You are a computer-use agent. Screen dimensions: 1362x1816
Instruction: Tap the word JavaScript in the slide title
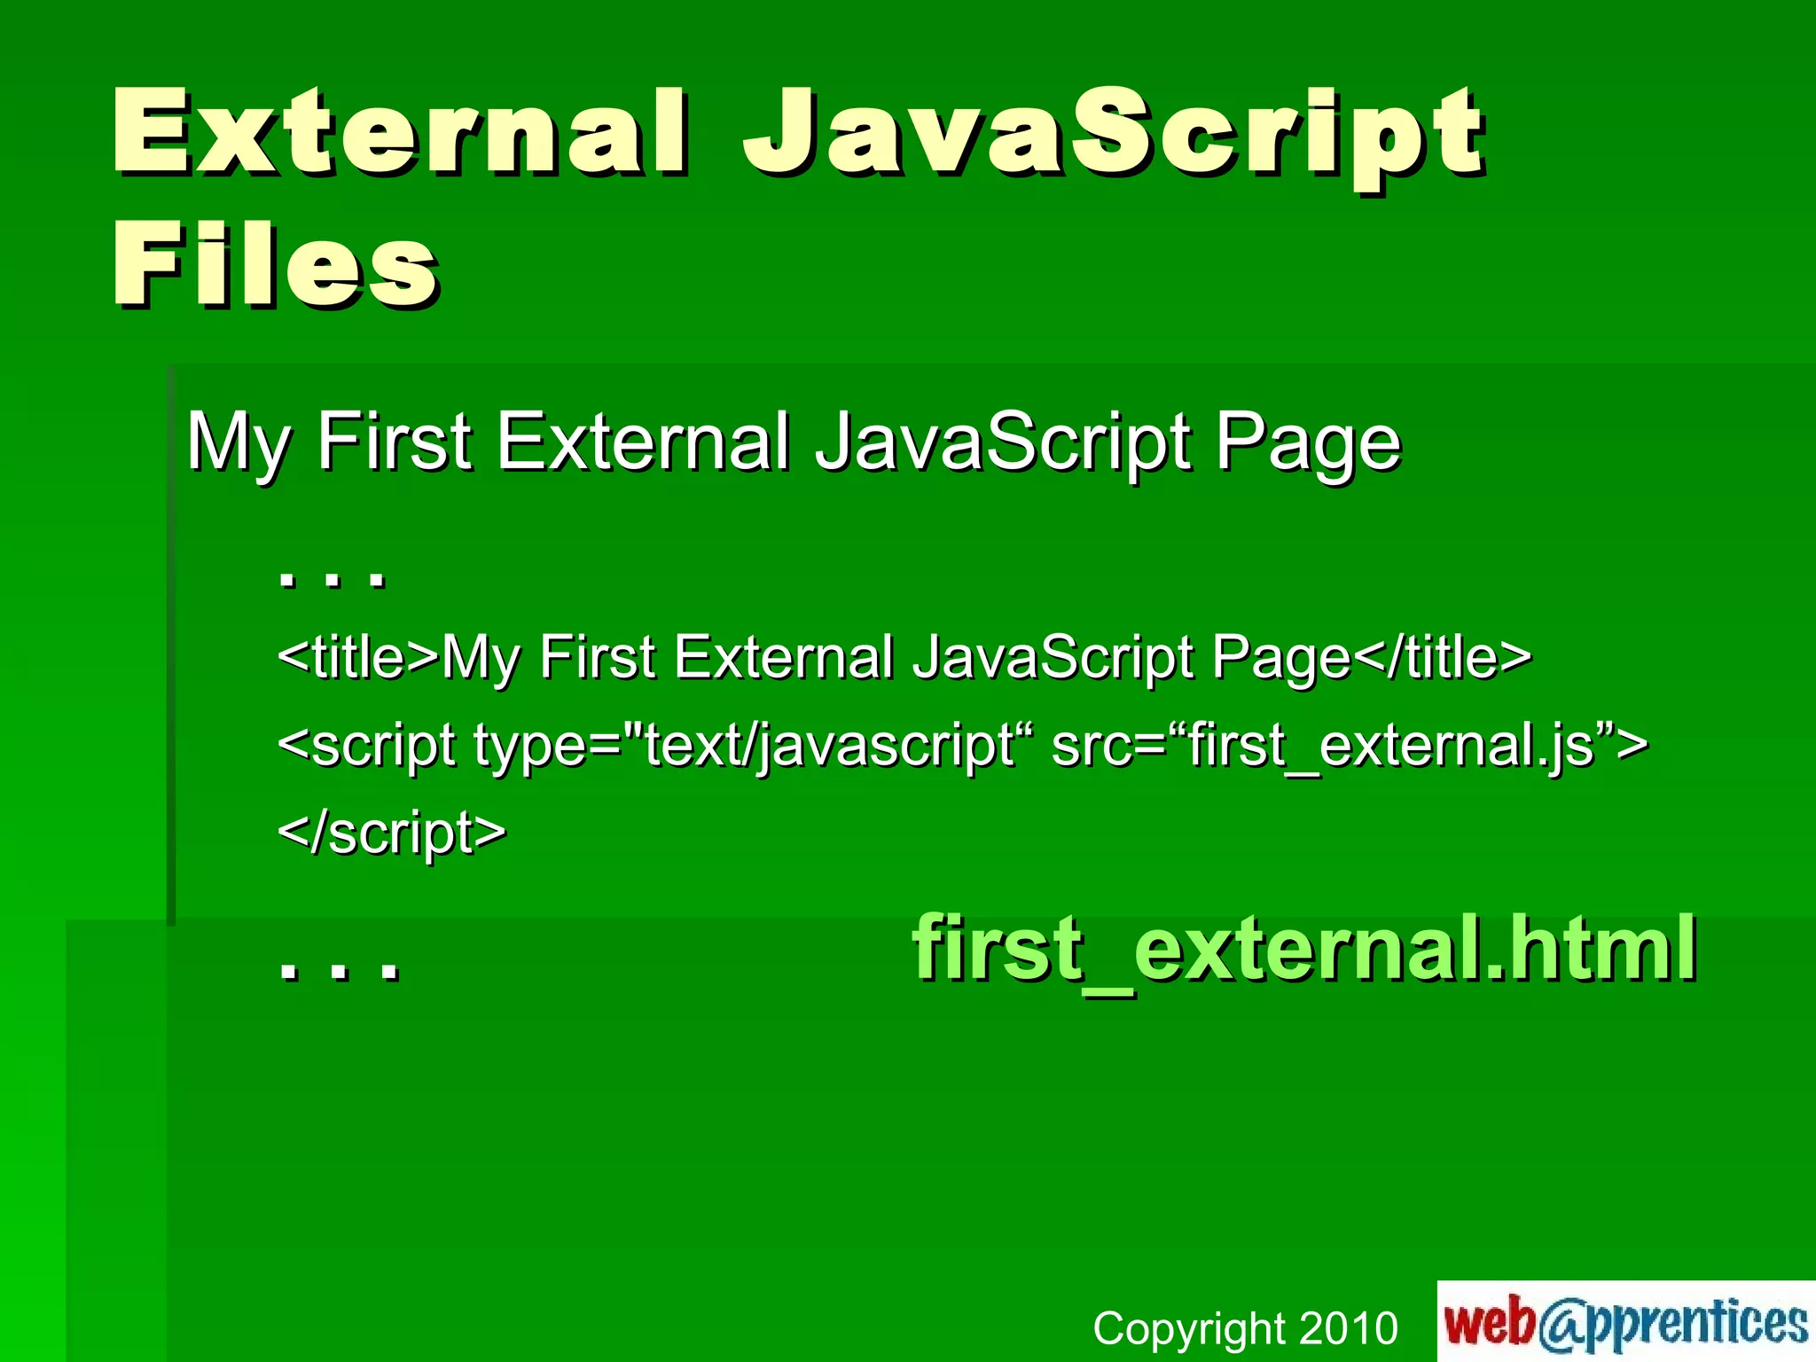tap(1113, 133)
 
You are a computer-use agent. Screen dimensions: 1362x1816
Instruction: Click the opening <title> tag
tap(358, 657)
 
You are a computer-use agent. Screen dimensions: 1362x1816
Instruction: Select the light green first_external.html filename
tap(1304, 949)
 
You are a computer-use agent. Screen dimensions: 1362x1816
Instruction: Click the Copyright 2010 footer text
tap(1245, 1328)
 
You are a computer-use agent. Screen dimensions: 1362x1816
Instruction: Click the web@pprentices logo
tap(1625, 1322)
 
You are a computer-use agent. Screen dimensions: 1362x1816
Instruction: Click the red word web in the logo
tap(1491, 1322)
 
